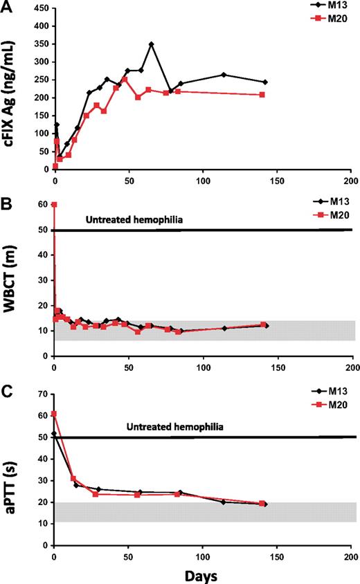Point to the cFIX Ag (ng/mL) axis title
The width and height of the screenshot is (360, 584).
[x=12, y=89]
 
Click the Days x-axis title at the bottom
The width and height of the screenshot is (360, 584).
[x=201, y=576]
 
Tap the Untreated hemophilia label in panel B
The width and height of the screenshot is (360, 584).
[x=134, y=221]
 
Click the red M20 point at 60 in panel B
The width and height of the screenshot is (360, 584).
[x=54, y=204]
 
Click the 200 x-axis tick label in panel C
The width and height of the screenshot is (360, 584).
[x=351, y=555]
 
